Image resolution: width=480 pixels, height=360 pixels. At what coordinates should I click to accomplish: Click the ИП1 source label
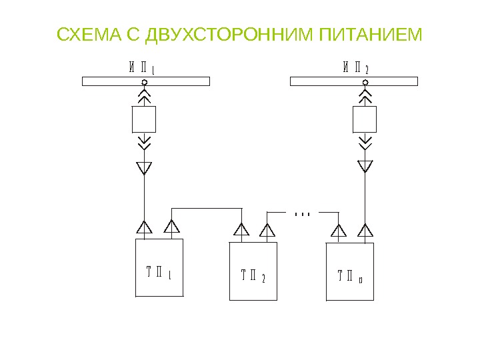[x=142, y=67]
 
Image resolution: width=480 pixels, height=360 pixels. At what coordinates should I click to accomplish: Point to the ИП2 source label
[x=356, y=67]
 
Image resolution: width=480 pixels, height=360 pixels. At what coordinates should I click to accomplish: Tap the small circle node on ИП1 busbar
[x=144, y=83]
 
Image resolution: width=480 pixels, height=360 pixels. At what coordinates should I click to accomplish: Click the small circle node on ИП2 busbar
[x=365, y=83]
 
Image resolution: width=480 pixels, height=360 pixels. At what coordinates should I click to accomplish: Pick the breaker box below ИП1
[x=144, y=119]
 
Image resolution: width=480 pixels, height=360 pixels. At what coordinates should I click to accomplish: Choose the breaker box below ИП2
[x=365, y=119]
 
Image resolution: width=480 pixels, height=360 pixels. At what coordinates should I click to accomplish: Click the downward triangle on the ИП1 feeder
[x=144, y=167]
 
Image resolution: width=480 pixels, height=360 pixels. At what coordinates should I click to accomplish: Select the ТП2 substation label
[x=253, y=275]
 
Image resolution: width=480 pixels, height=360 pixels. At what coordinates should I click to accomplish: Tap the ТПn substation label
[x=350, y=275]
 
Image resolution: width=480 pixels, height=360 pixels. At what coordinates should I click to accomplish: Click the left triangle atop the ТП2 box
[x=241, y=231]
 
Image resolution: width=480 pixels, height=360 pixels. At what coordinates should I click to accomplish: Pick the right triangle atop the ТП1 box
[x=172, y=227]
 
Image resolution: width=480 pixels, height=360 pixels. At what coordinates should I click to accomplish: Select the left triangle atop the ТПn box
[x=339, y=231]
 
